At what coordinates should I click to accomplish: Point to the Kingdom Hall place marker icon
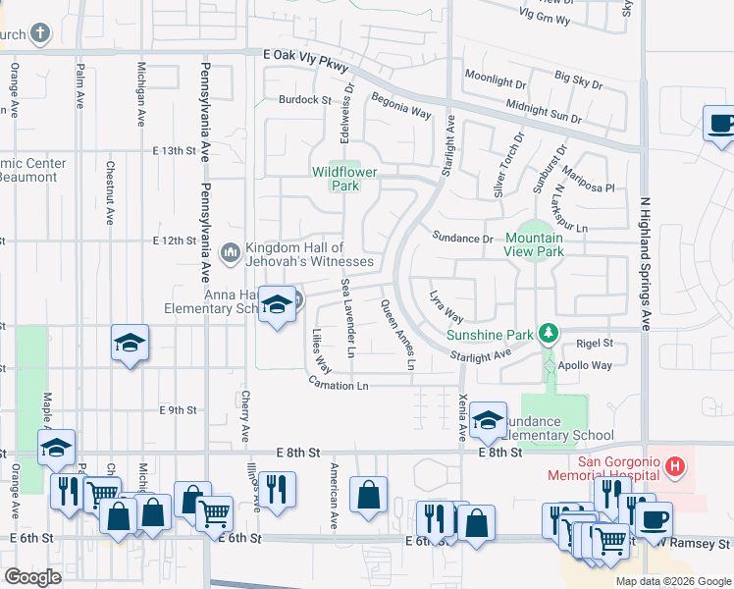click(x=231, y=253)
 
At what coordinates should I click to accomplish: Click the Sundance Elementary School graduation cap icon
click(x=488, y=421)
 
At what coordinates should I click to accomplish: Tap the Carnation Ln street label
click(x=338, y=386)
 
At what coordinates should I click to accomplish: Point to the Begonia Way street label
click(x=400, y=106)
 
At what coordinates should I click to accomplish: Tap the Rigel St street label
click(x=595, y=344)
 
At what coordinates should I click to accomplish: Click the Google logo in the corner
click(x=32, y=577)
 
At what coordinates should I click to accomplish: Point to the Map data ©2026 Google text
click(x=673, y=581)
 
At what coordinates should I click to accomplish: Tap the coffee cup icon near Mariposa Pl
click(x=721, y=125)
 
